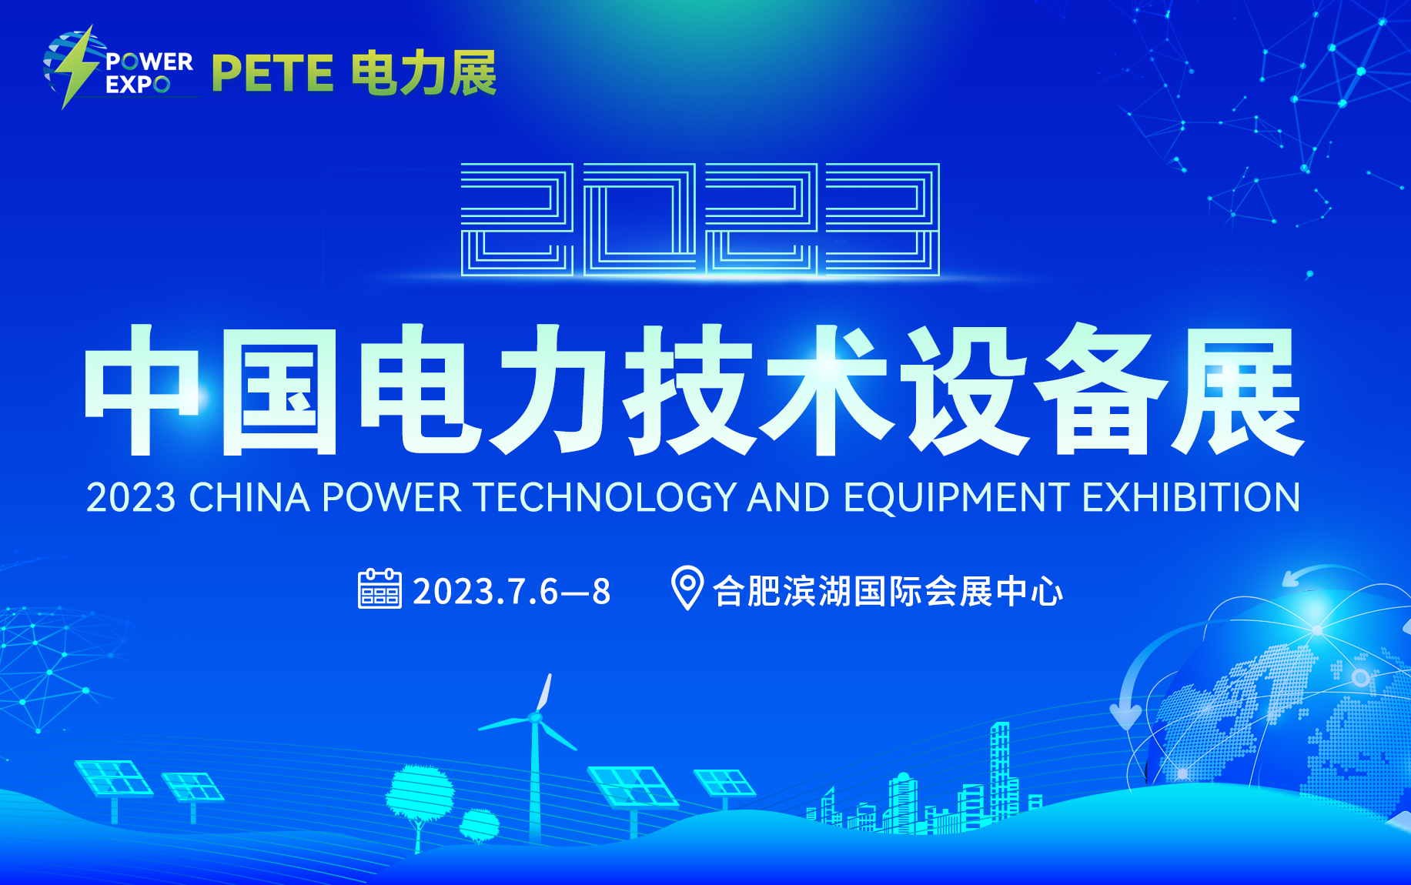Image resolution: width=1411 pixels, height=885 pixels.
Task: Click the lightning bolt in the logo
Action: coord(77,67)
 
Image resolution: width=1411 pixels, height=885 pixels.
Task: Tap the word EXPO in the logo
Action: coord(138,85)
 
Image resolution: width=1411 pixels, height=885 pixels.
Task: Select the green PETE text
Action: coord(273,74)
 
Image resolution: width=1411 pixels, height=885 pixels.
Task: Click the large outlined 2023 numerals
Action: coord(700,219)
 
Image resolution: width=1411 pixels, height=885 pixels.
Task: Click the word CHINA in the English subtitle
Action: coord(249,497)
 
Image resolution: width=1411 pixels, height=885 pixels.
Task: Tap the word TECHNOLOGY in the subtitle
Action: coord(605,497)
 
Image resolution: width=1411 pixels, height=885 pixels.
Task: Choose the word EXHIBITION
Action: coord(1192,497)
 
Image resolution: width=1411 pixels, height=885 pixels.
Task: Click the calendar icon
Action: coord(379,589)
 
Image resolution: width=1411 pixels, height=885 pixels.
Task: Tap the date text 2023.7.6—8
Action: coord(512,592)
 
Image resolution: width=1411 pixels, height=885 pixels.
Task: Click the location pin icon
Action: coord(687,587)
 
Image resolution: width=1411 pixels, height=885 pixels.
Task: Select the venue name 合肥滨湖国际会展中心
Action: coord(888,592)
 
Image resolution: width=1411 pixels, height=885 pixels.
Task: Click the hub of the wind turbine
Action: coord(536,718)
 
